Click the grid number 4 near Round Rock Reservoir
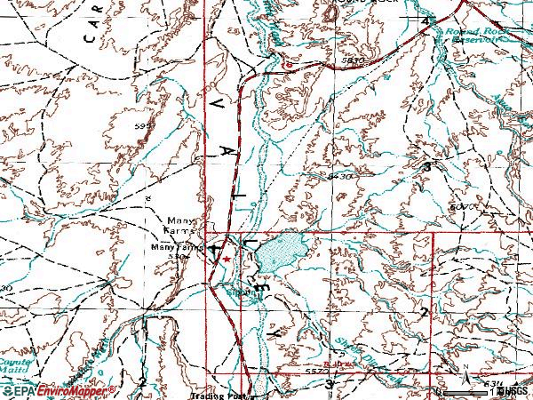point(425,21)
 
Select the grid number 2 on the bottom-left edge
point(142,381)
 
